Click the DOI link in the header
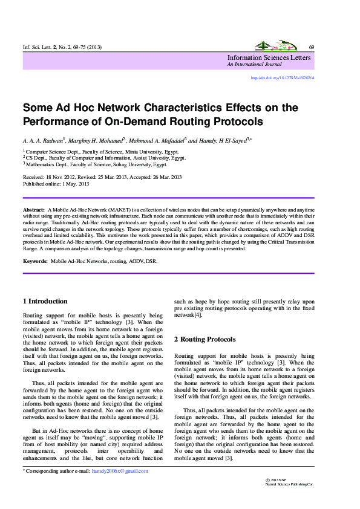[x=282, y=78]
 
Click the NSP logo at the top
[x=274, y=46]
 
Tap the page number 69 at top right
[x=311, y=47]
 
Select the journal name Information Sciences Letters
[x=269, y=57]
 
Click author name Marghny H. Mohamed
[x=96, y=140]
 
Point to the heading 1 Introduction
[x=45, y=301]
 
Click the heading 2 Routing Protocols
[x=205, y=340]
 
